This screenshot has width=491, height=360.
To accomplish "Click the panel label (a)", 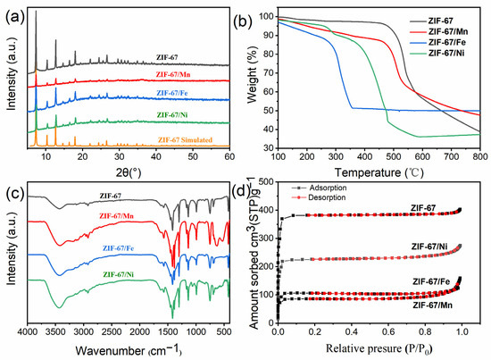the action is click(x=14, y=17).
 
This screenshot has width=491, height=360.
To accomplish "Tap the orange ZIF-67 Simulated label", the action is click(x=185, y=139).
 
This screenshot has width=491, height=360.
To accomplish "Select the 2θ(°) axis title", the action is click(x=129, y=172).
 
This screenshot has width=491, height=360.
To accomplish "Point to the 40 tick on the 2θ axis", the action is click(x=156, y=157).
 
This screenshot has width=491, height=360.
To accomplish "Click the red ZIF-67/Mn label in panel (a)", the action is click(x=173, y=74).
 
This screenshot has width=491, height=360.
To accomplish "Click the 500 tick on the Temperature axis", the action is click(x=394, y=156).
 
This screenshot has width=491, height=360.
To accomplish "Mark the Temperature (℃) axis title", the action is click(x=379, y=172).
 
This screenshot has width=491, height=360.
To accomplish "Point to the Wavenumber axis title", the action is click(x=129, y=350).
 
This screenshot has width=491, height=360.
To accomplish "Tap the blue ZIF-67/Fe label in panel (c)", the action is click(x=118, y=248).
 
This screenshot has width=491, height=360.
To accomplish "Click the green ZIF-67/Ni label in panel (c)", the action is click(x=119, y=274).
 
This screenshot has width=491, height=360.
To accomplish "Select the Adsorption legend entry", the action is click(x=319, y=188).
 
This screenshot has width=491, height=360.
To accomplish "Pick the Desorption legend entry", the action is click(x=319, y=197).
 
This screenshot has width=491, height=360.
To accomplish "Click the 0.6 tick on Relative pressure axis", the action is click(x=388, y=331).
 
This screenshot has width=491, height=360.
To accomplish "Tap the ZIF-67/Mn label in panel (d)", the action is click(x=432, y=305).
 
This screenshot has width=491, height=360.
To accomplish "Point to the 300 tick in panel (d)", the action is click(x=269, y=239).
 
